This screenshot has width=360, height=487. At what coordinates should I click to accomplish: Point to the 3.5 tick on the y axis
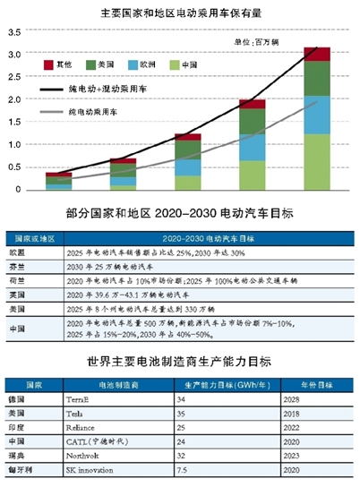point(13,32)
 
